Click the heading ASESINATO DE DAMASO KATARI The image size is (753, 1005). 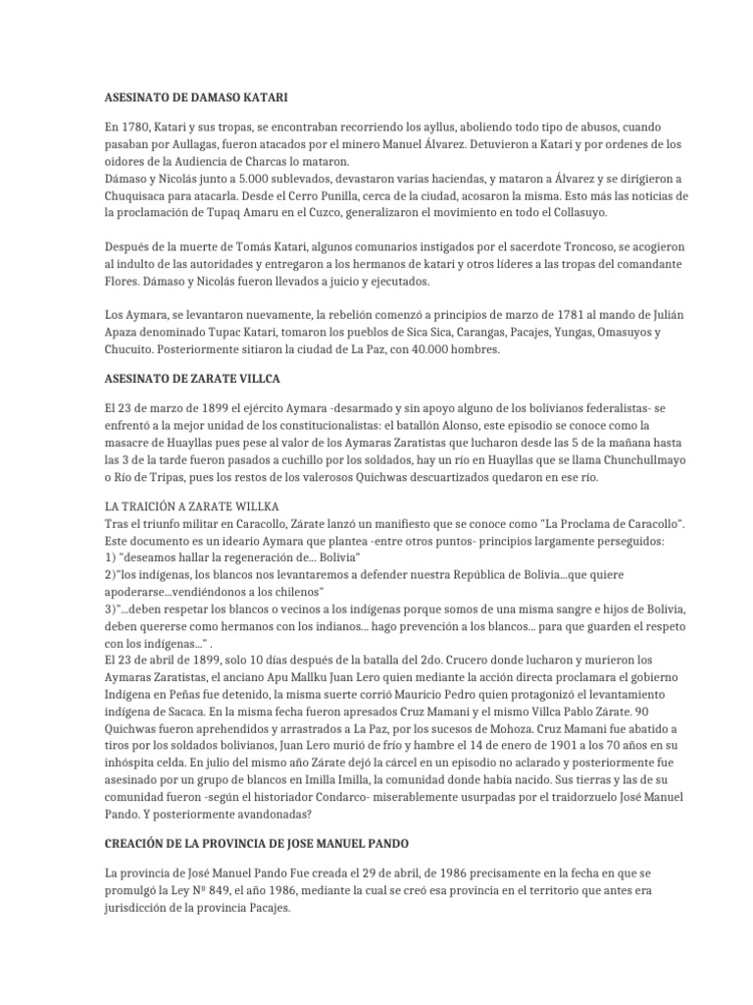click(197, 98)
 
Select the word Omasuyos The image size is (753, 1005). click(591, 333)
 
